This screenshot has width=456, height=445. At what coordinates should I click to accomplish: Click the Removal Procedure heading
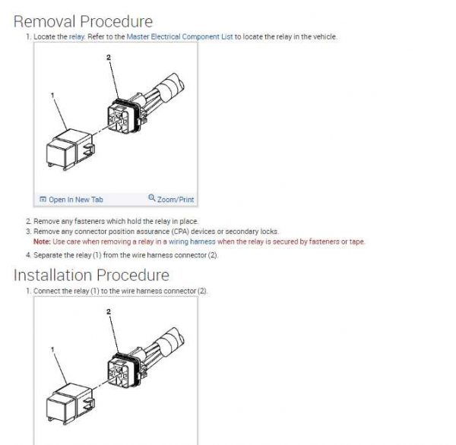coord(83,21)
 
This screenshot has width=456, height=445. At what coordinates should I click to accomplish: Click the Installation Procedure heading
coord(91,275)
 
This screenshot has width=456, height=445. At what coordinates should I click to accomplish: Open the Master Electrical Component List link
coord(179,37)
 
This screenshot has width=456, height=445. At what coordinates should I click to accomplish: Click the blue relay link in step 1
coord(77,37)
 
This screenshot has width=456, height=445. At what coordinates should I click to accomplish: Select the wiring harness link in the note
coord(192,241)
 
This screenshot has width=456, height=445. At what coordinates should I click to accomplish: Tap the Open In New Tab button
coord(71,200)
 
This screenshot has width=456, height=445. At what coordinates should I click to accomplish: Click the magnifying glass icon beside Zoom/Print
coord(152,197)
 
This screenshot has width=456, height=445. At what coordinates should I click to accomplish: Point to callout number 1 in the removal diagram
coord(52,95)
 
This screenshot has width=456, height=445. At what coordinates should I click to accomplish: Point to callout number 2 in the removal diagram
coord(109,57)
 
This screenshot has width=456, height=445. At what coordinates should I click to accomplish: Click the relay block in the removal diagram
coord(71,150)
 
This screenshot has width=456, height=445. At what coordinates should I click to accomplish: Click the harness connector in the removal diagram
coord(125,115)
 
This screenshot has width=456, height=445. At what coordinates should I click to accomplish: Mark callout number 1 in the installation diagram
coord(52,349)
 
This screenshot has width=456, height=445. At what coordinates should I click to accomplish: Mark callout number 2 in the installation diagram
coord(109,311)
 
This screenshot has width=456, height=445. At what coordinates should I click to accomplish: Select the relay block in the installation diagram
coord(71,404)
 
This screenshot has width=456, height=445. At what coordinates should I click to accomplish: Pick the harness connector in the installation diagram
coord(125,370)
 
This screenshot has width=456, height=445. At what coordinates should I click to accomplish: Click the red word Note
coord(42,241)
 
